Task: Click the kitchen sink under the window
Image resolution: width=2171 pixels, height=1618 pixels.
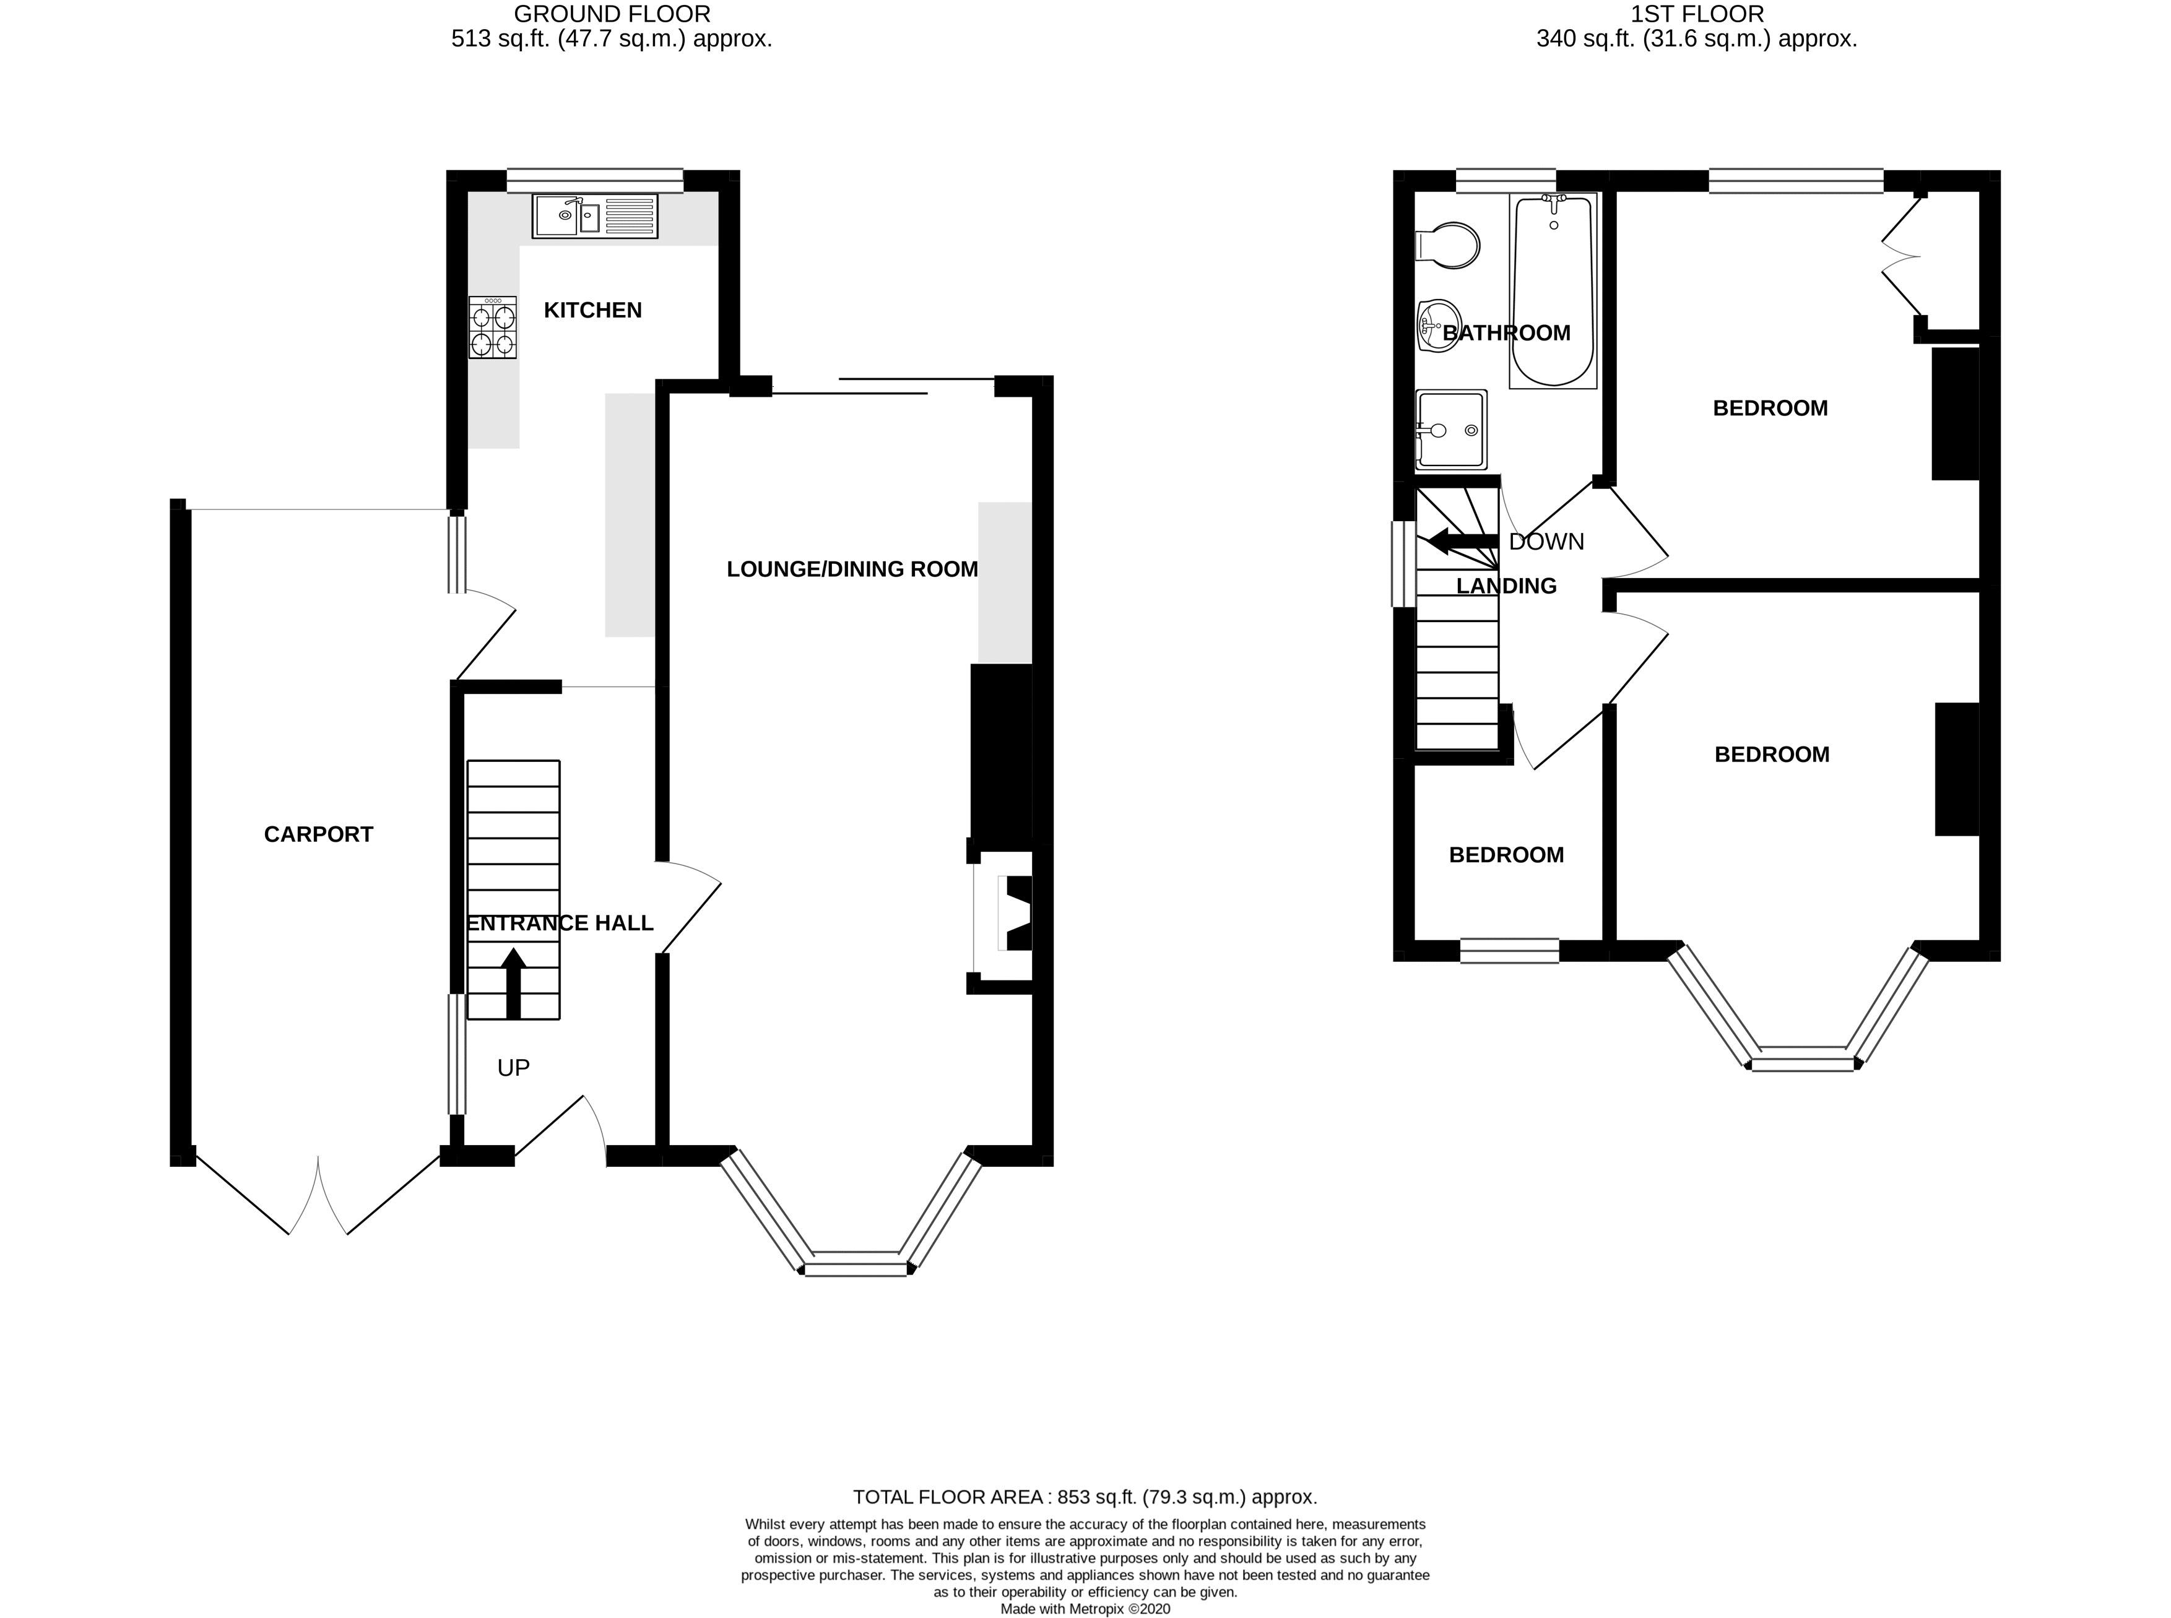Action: tap(594, 215)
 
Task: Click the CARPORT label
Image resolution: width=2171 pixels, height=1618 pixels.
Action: tap(318, 834)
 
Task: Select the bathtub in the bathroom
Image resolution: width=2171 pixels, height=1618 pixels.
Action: tap(1553, 291)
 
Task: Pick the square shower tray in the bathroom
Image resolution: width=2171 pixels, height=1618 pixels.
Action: tap(1451, 429)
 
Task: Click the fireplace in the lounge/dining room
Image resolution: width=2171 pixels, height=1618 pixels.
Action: tap(1008, 914)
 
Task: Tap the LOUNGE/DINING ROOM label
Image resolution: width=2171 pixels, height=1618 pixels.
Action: tap(852, 569)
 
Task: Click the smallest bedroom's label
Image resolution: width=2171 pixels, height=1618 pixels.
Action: tap(1506, 855)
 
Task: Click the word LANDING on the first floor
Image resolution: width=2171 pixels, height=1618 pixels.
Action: tap(1506, 586)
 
